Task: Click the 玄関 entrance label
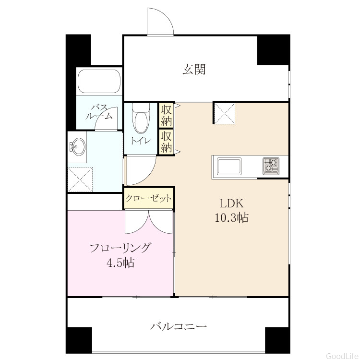point(194,69)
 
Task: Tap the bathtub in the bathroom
point(99,81)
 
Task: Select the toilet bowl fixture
point(141,119)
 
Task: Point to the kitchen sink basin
point(229,166)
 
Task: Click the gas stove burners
point(271,166)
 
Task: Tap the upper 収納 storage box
point(166,116)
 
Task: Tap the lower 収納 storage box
point(166,142)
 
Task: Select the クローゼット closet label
point(148,198)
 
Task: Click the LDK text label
point(231,203)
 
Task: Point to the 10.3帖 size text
point(231,217)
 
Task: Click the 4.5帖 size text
point(120,263)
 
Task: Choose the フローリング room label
point(120,248)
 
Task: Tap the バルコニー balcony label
point(178,326)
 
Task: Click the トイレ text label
point(141,141)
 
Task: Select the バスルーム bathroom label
point(99,112)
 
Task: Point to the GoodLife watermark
point(343,355)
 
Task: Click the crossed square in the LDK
point(225,114)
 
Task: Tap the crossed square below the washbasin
point(80,180)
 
